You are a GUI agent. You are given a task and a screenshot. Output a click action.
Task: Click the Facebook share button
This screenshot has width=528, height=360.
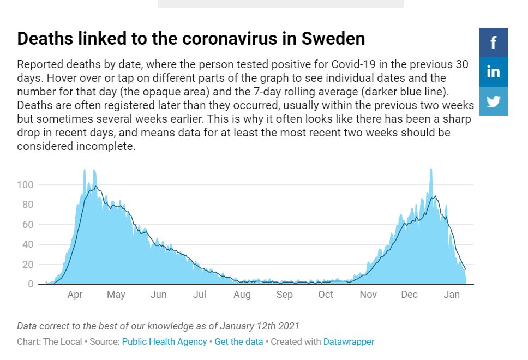click(x=493, y=42)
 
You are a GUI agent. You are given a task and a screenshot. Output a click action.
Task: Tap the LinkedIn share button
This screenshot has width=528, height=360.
click(x=493, y=71)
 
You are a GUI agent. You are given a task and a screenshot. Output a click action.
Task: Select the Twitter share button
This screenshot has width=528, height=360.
click(x=493, y=101)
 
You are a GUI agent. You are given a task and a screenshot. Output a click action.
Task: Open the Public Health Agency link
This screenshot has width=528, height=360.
click(x=164, y=341)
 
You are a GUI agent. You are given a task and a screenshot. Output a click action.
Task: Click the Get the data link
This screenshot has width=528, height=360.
click(x=239, y=341)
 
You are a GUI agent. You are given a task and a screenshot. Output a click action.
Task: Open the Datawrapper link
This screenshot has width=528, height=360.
click(x=349, y=341)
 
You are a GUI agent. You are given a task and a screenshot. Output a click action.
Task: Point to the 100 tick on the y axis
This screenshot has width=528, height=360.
click(x=26, y=185)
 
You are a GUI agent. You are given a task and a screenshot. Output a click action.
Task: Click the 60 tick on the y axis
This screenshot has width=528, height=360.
click(x=28, y=225)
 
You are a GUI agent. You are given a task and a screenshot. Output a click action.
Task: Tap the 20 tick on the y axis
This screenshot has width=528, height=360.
click(x=28, y=265)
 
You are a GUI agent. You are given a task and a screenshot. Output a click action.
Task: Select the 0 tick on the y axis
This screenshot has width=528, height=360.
click(x=31, y=284)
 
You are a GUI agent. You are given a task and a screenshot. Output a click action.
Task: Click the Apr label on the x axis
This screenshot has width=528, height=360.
click(x=75, y=295)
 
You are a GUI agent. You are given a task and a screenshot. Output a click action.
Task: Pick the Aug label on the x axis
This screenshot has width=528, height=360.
click(x=242, y=295)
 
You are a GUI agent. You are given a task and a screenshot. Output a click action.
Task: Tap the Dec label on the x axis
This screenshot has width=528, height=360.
click(x=409, y=295)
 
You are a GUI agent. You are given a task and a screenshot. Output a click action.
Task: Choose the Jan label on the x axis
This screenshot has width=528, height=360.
click(x=452, y=295)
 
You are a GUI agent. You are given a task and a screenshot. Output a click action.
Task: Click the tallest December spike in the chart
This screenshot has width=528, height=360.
click(x=431, y=170)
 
